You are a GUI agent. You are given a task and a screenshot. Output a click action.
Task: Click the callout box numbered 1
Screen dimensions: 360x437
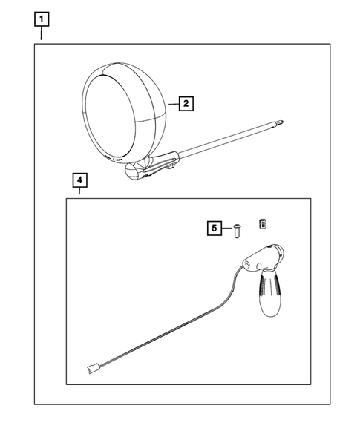point(42,19)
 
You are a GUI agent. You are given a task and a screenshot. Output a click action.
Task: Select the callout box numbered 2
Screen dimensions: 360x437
point(186,104)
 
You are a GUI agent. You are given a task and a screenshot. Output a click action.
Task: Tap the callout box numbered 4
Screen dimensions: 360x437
point(79,180)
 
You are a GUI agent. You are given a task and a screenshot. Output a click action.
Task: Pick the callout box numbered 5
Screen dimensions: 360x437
point(215,228)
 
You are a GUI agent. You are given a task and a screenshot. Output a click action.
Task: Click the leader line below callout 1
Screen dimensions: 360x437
point(42,33)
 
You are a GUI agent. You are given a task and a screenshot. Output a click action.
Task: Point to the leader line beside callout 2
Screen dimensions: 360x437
point(174,104)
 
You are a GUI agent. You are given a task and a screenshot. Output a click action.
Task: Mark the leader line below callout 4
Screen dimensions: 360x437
point(79,191)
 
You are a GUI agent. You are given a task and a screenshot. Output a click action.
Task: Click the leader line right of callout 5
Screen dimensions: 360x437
point(226,228)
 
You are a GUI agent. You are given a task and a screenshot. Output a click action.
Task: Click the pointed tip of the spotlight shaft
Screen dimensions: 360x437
point(283,121)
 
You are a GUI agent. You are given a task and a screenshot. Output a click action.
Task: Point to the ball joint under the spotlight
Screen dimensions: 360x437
point(133,171)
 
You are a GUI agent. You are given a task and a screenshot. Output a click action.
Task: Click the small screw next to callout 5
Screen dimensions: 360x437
point(238,231)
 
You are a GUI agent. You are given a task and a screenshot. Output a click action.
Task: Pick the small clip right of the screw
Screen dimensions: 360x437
point(262,224)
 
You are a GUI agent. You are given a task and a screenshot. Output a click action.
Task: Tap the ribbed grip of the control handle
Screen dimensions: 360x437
point(270,294)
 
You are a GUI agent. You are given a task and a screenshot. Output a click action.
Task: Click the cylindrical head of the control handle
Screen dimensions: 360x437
point(264,257)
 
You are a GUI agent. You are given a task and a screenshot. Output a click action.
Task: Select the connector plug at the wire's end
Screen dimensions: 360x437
point(92,369)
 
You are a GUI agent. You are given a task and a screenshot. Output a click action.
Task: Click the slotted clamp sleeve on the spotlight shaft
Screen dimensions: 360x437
point(160,164)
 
